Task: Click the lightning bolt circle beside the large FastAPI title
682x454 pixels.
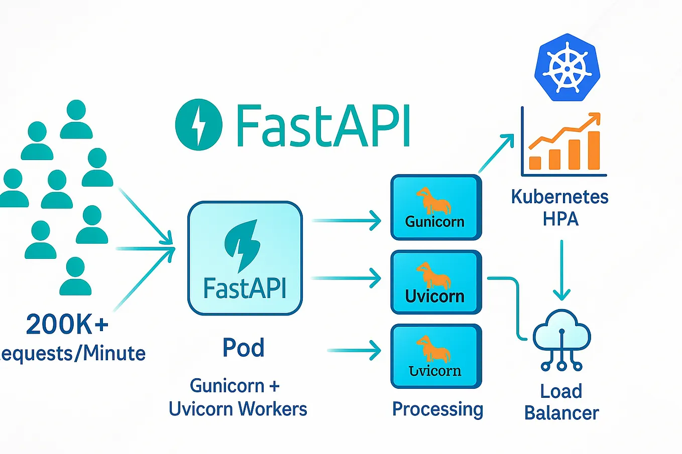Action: tap(198, 124)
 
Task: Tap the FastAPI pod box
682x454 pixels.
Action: tap(245, 258)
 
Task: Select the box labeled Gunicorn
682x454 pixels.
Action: tap(436, 207)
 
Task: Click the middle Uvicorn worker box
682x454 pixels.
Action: tap(436, 282)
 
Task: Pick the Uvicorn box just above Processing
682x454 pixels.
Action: tap(436, 357)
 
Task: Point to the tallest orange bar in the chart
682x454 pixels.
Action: tap(594, 150)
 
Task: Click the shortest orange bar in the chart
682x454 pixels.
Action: tap(535, 163)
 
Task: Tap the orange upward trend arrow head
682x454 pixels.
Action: tap(595, 118)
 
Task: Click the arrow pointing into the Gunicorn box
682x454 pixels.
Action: tap(347, 220)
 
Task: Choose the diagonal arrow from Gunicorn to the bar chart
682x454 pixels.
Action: tap(496, 153)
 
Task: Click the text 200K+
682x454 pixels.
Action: tap(67, 324)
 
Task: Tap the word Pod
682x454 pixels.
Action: tap(244, 348)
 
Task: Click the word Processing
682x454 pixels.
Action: tap(437, 409)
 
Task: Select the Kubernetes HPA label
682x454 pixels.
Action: tap(560, 208)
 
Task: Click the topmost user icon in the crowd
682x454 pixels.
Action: tap(76, 119)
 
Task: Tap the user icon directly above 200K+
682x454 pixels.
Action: tap(75, 276)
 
